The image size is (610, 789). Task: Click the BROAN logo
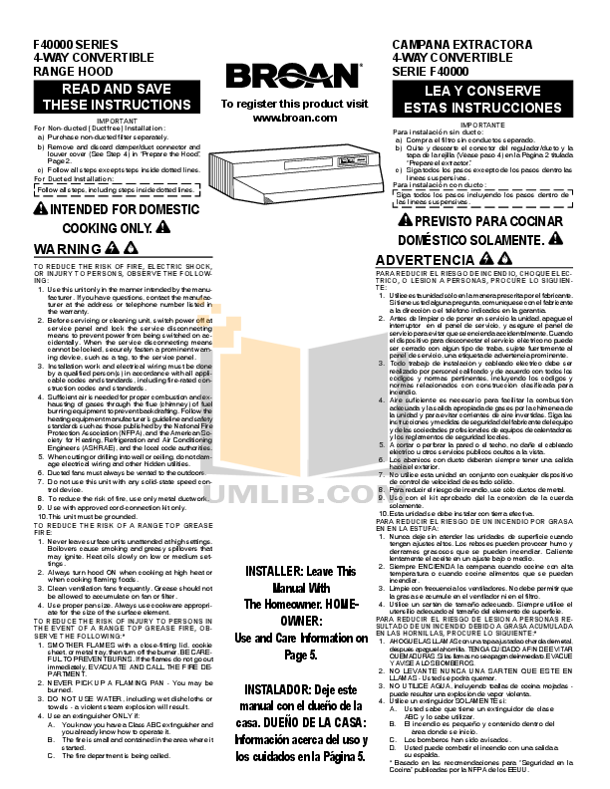pyautogui.click(x=294, y=76)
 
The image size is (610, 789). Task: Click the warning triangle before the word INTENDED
pyautogui.click(x=40, y=209)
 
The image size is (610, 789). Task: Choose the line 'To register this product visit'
pyautogui.click(x=294, y=104)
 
